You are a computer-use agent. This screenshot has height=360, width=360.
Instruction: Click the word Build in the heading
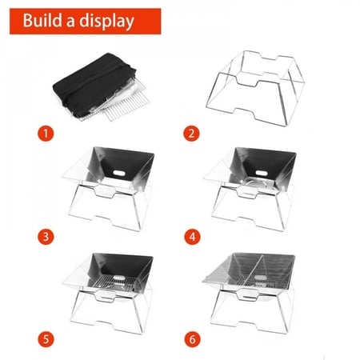pyautogui.click(x=42, y=20)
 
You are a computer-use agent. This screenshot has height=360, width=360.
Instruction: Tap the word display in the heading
pyautogui.click(x=106, y=22)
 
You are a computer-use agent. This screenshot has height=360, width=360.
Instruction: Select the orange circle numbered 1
pyautogui.click(x=46, y=134)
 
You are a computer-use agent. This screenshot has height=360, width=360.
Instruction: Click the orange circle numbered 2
pyautogui.click(x=191, y=134)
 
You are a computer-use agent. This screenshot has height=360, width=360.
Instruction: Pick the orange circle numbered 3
pyautogui.click(x=46, y=237)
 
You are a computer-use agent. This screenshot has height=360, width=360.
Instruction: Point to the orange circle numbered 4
pyautogui.click(x=192, y=237)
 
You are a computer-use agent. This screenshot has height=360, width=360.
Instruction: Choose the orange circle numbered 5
pyautogui.click(x=46, y=339)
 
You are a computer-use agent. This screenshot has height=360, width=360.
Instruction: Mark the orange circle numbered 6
pyautogui.click(x=192, y=339)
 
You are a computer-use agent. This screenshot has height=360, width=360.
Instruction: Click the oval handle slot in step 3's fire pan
pyautogui.click(x=118, y=174)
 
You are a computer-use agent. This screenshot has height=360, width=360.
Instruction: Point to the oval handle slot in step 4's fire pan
pyautogui.click(x=262, y=174)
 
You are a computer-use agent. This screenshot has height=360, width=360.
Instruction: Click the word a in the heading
pyautogui.click(x=70, y=22)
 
